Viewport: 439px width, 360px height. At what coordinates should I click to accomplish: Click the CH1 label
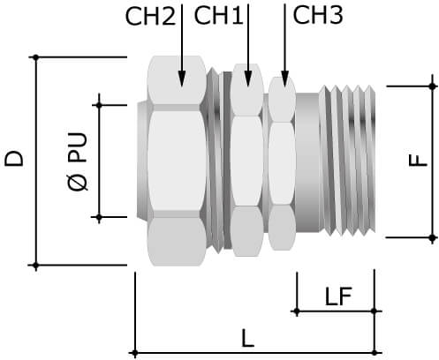tap(217, 16)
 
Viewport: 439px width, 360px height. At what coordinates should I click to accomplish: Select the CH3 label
tap(317, 16)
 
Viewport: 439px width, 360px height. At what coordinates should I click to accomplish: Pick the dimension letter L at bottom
tap(247, 338)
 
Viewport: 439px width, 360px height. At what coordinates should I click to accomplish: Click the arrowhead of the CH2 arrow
tap(180, 81)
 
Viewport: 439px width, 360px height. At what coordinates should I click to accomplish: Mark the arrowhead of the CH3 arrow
tap(284, 81)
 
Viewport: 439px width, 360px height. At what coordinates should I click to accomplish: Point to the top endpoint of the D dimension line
tap(35, 56)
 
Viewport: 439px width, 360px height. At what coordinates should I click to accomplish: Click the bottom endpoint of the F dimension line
tap(432, 237)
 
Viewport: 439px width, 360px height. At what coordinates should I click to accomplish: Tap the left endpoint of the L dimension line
tap(134, 353)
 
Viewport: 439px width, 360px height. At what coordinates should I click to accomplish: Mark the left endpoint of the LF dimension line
tap(297, 311)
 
